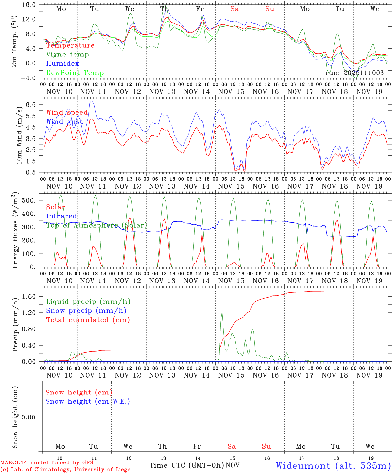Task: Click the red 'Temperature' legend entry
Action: (x=70, y=45)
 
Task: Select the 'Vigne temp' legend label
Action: (x=67, y=55)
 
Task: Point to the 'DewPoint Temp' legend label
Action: (x=75, y=73)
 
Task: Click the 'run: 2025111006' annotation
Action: (x=354, y=73)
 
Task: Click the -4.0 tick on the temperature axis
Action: (x=32, y=78)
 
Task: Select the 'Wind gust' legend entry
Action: (x=64, y=122)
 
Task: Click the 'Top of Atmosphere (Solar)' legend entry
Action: (x=97, y=225)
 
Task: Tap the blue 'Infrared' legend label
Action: (x=61, y=216)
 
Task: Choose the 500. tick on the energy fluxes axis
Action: (x=33, y=200)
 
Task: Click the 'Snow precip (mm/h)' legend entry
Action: (x=86, y=311)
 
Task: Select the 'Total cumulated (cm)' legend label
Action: (x=88, y=320)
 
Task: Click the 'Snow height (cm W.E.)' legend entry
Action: (x=88, y=401)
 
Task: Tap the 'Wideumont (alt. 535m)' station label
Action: (x=333, y=465)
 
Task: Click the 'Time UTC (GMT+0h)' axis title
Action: (x=186, y=465)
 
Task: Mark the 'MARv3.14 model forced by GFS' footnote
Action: (x=47, y=463)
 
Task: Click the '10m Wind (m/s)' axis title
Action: (x=20, y=135)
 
